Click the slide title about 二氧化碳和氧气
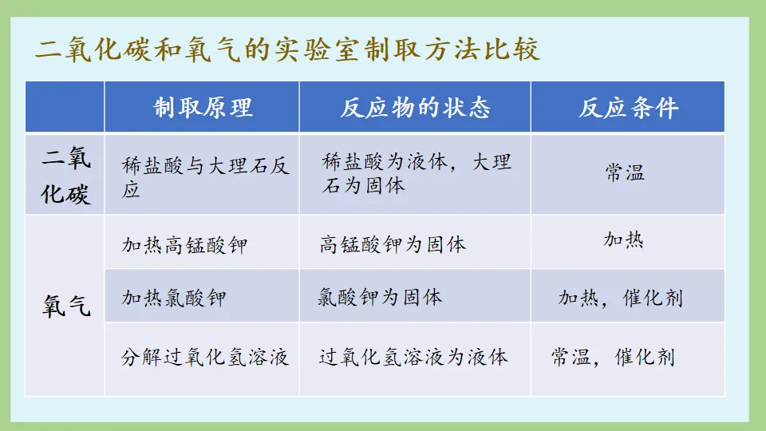287,49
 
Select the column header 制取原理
203,107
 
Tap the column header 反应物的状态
415,107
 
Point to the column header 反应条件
628,107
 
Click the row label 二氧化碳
65,175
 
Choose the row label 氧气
65,306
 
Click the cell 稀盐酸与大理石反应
205,176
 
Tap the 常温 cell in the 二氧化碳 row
625,173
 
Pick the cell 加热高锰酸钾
184,244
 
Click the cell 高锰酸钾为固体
393,244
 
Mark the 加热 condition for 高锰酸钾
623,239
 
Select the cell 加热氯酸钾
174,298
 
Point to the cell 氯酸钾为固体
379,298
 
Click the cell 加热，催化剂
620,299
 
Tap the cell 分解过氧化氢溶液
205,357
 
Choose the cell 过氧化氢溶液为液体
413,357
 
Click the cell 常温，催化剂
613,357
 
